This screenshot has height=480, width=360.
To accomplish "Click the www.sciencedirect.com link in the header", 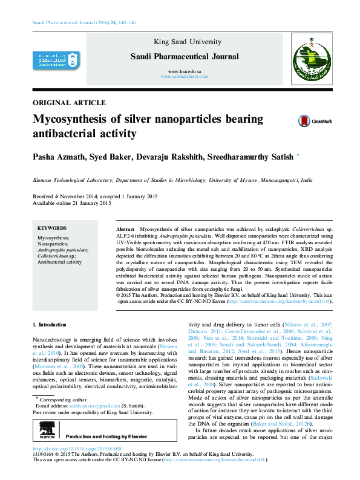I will [185, 78].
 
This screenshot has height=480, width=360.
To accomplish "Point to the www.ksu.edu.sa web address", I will [185, 72].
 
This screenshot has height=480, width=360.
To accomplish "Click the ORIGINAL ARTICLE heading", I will [69, 103].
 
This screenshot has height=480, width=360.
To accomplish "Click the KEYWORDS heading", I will [53, 229].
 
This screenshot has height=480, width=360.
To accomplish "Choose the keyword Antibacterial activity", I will [59, 262].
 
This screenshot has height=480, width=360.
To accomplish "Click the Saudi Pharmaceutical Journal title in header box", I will [185, 57].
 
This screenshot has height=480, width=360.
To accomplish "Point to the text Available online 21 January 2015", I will [71, 204].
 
